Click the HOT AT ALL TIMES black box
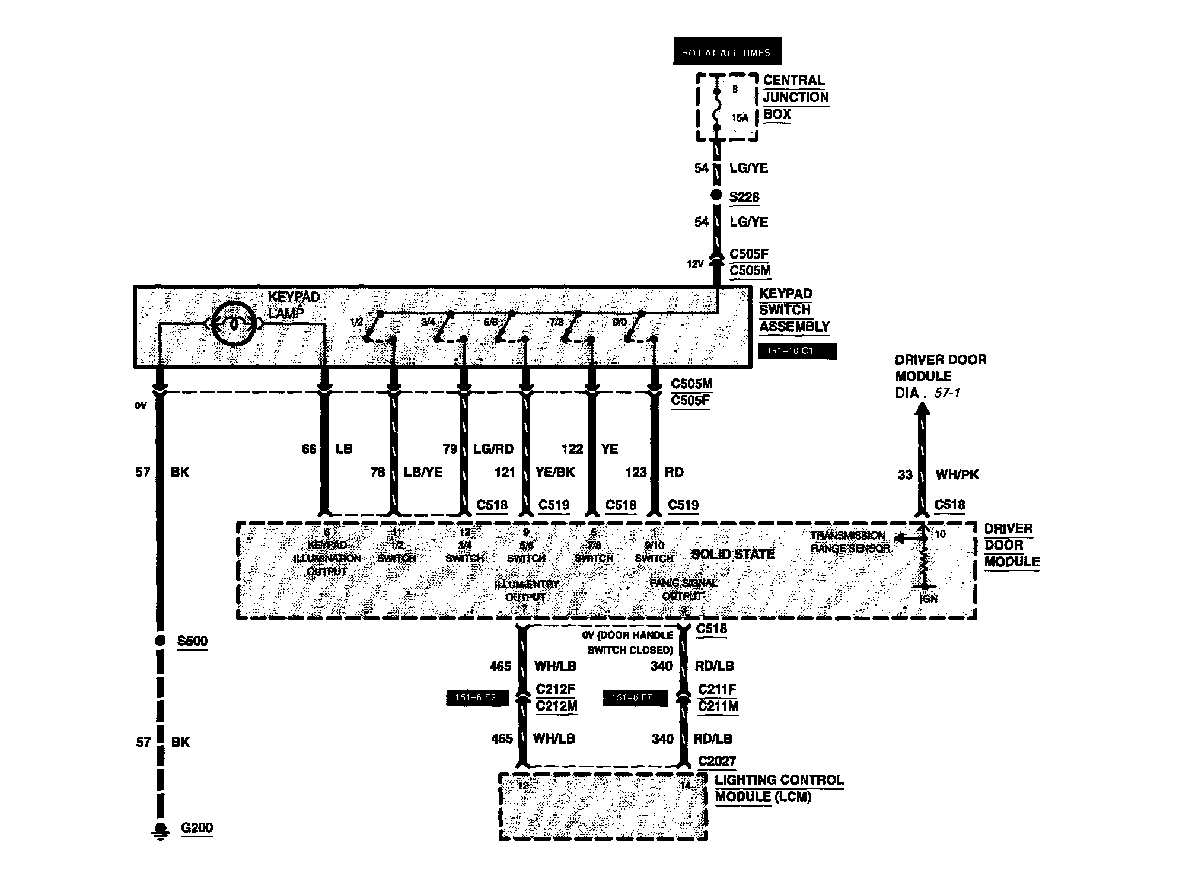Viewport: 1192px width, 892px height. coord(726,52)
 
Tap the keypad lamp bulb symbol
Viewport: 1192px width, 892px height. coord(234,324)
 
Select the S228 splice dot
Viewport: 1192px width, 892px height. coord(716,195)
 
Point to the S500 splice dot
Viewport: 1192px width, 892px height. coord(160,641)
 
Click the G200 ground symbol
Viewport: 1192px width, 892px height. coord(160,830)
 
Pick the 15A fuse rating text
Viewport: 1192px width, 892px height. coord(739,118)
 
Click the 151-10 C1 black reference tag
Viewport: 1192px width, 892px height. coord(796,351)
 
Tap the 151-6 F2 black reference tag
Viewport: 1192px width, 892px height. coord(477,697)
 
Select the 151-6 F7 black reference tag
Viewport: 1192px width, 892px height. coord(635,697)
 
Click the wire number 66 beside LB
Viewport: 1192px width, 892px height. coord(309,449)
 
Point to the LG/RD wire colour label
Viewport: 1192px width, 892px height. coord(493,449)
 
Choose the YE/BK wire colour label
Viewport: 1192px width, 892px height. coord(555,472)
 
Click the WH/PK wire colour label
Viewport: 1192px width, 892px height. coord(957,474)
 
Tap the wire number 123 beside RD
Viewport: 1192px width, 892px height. coord(636,472)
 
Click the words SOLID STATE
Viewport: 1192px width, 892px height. coord(733,554)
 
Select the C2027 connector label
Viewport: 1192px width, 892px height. coord(717,761)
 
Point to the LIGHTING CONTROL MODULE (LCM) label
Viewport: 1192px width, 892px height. coord(779,788)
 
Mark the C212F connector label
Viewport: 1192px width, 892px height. coord(556,689)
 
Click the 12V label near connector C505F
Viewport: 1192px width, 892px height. coord(695,265)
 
